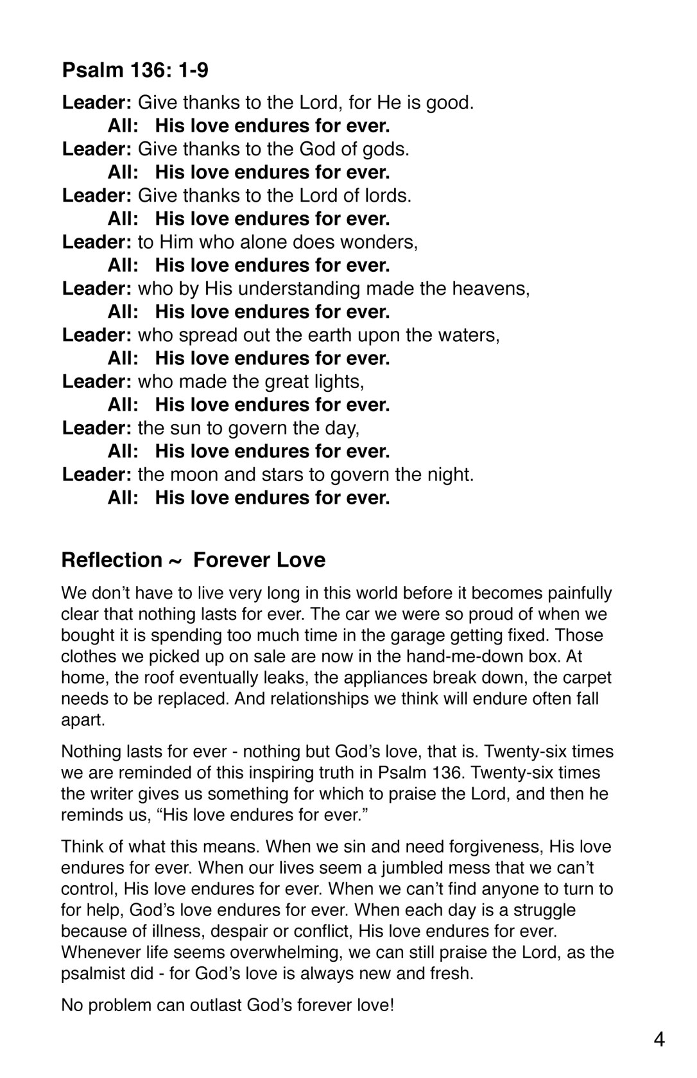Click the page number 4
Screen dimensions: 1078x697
pos(659,1039)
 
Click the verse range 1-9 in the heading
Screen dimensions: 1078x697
pos(190,69)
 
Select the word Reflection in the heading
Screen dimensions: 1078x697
pos(112,560)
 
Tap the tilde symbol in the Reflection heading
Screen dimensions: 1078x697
pos(174,561)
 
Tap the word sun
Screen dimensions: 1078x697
pos(186,429)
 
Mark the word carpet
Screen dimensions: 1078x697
pos(583,678)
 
